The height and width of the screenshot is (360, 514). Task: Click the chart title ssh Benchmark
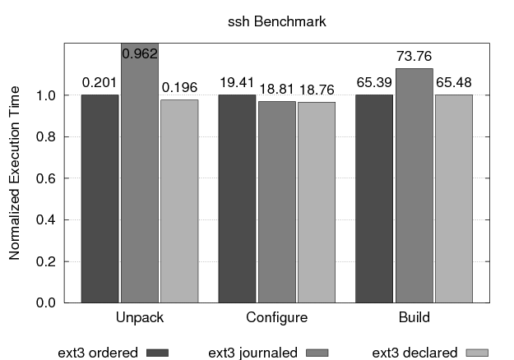[x=276, y=21]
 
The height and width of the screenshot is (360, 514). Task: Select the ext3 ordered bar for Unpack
[x=100, y=198]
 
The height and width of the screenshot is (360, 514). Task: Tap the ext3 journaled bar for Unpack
[x=139, y=173]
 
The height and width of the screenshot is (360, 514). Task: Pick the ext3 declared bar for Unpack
[x=179, y=201]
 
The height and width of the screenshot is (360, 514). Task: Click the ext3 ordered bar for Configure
[x=237, y=198]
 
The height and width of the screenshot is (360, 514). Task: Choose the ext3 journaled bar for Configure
[x=276, y=201]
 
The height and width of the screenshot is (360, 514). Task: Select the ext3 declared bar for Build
[x=454, y=198]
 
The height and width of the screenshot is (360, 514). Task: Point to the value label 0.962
[x=139, y=53]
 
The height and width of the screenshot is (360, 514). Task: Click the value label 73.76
[x=414, y=57]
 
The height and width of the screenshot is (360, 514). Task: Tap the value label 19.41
[x=237, y=82]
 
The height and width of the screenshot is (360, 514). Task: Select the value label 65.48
[x=454, y=82]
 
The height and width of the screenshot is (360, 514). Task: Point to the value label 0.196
[x=179, y=86]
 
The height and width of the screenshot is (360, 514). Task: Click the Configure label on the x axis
[x=276, y=317]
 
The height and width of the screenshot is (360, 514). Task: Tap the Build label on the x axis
[x=414, y=317]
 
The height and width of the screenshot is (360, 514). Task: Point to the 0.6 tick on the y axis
[x=47, y=178]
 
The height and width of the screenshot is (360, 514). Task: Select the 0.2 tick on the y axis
[x=47, y=261]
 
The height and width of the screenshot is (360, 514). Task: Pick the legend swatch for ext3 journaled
[x=316, y=353]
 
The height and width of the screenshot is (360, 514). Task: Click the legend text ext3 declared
[x=414, y=353]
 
